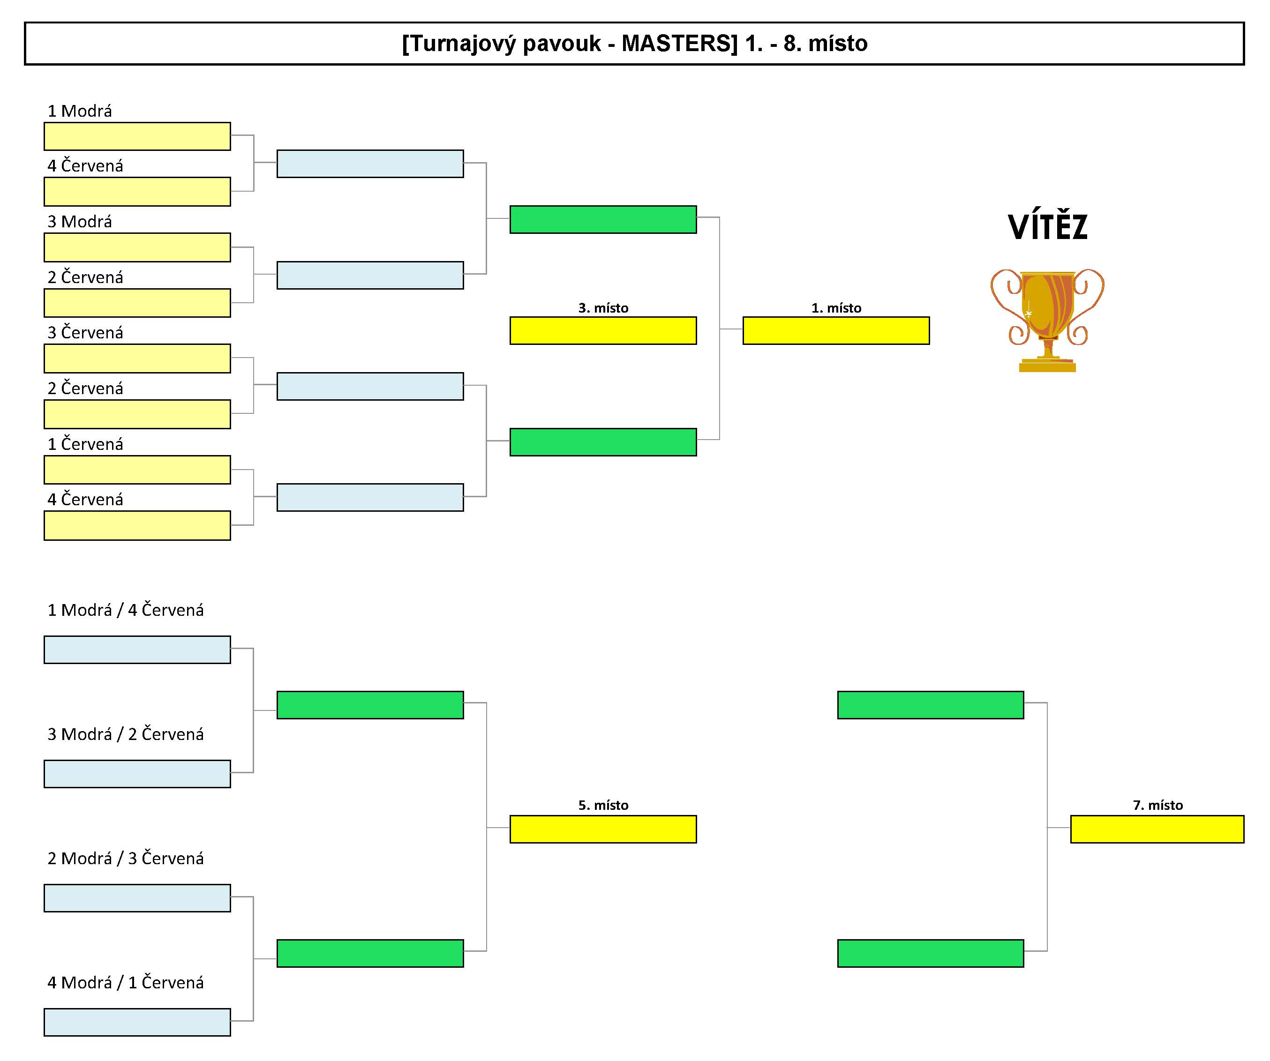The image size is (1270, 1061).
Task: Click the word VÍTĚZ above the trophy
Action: point(1047,227)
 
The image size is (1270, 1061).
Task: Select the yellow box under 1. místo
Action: point(836,331)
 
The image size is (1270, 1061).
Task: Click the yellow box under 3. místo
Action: point(603,331)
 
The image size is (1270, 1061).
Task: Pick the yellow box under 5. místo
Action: point(603,829)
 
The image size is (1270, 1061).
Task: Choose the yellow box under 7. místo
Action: point(1157,829)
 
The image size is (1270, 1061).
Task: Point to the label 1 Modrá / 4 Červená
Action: point(126,610)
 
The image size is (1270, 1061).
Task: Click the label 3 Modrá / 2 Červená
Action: point(126,734)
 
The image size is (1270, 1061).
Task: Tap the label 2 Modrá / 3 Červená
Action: point(126,858)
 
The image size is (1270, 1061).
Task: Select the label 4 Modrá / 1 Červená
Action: point(126,982)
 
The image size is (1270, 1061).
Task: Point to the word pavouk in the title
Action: point(562,44)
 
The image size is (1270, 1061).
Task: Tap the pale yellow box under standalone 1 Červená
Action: point(137,470)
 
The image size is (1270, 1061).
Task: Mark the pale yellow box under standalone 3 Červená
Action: point(137,359)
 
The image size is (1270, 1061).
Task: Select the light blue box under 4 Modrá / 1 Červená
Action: point(137,1022)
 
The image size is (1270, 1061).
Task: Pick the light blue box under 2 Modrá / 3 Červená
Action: point(137,898)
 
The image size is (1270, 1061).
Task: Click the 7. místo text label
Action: point(1157,805)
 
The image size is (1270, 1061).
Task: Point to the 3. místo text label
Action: point(603,308)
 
